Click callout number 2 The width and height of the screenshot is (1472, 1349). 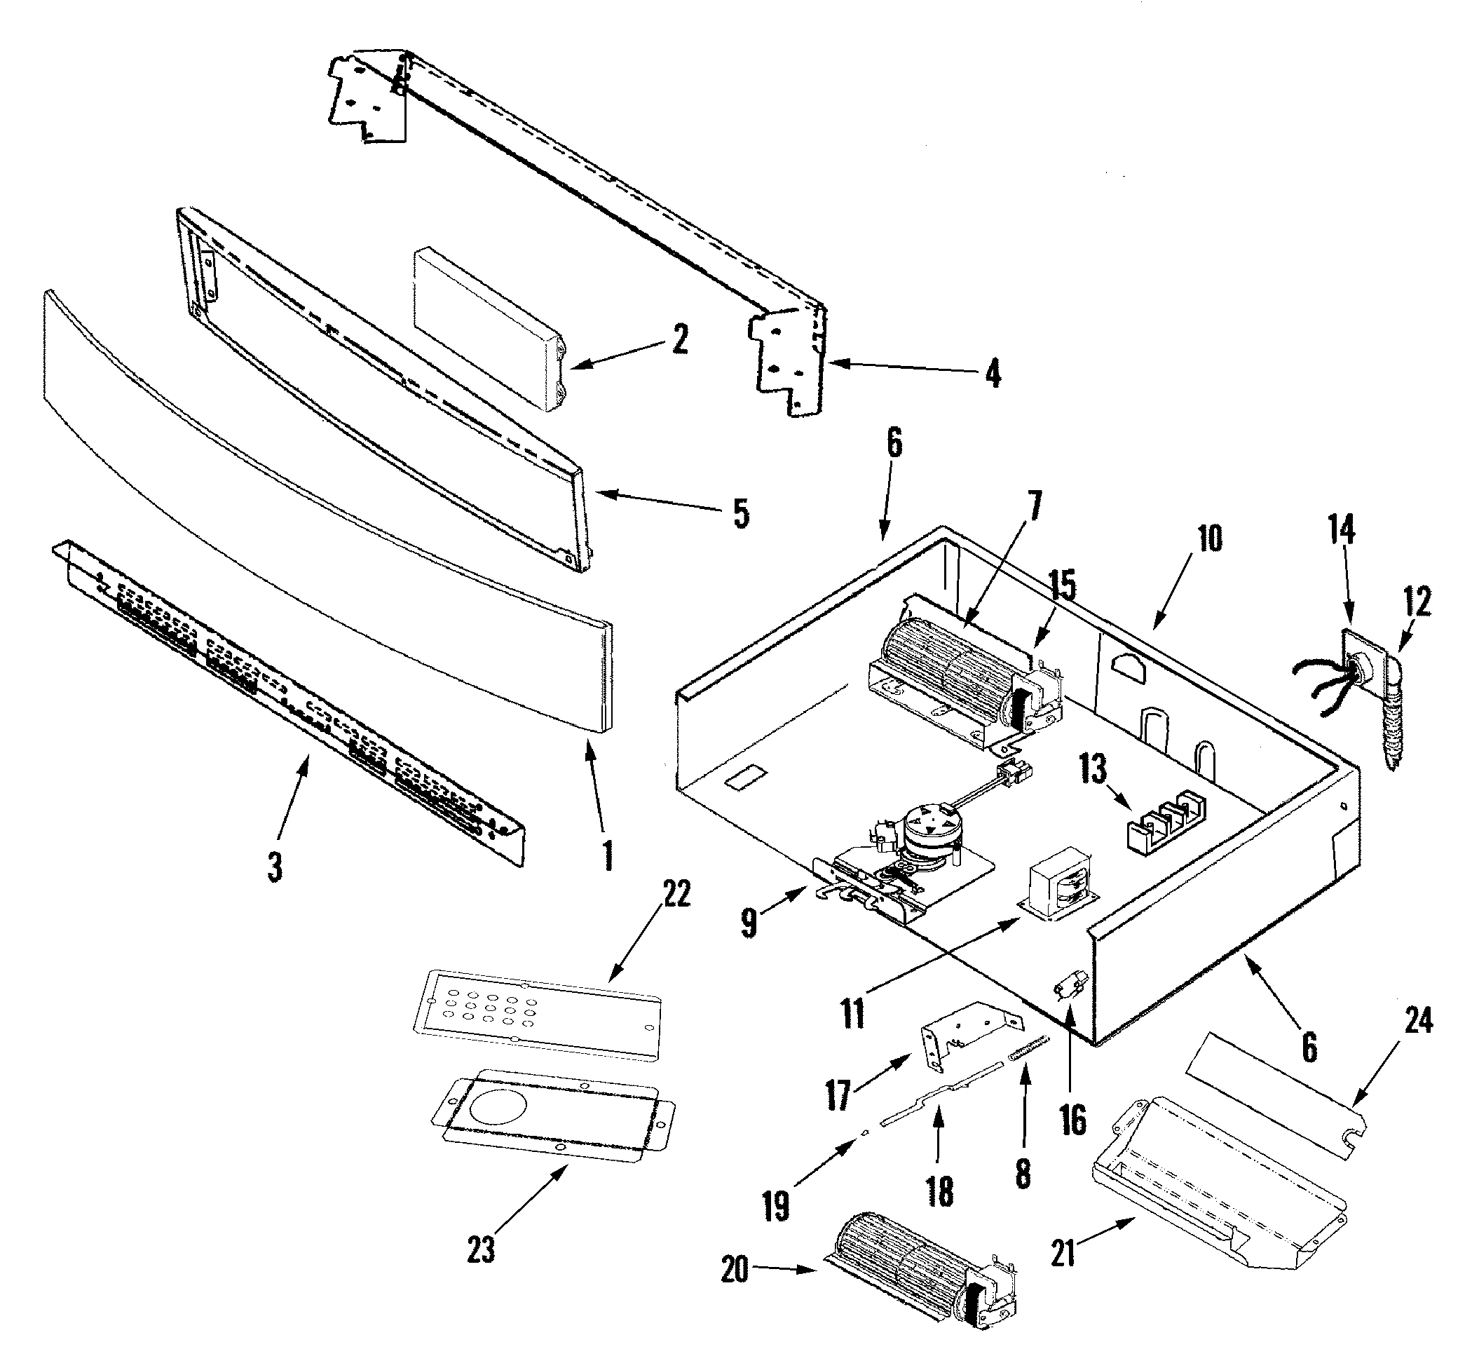tap(680, 339)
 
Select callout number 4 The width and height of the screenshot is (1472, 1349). tap(993, 374)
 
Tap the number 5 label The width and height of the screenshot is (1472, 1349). tap(741, 513)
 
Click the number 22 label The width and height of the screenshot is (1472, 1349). tap(676, 893)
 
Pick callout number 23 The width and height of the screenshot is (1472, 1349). tap(481, 1249)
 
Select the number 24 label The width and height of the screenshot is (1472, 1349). tap(1417, 1020)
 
